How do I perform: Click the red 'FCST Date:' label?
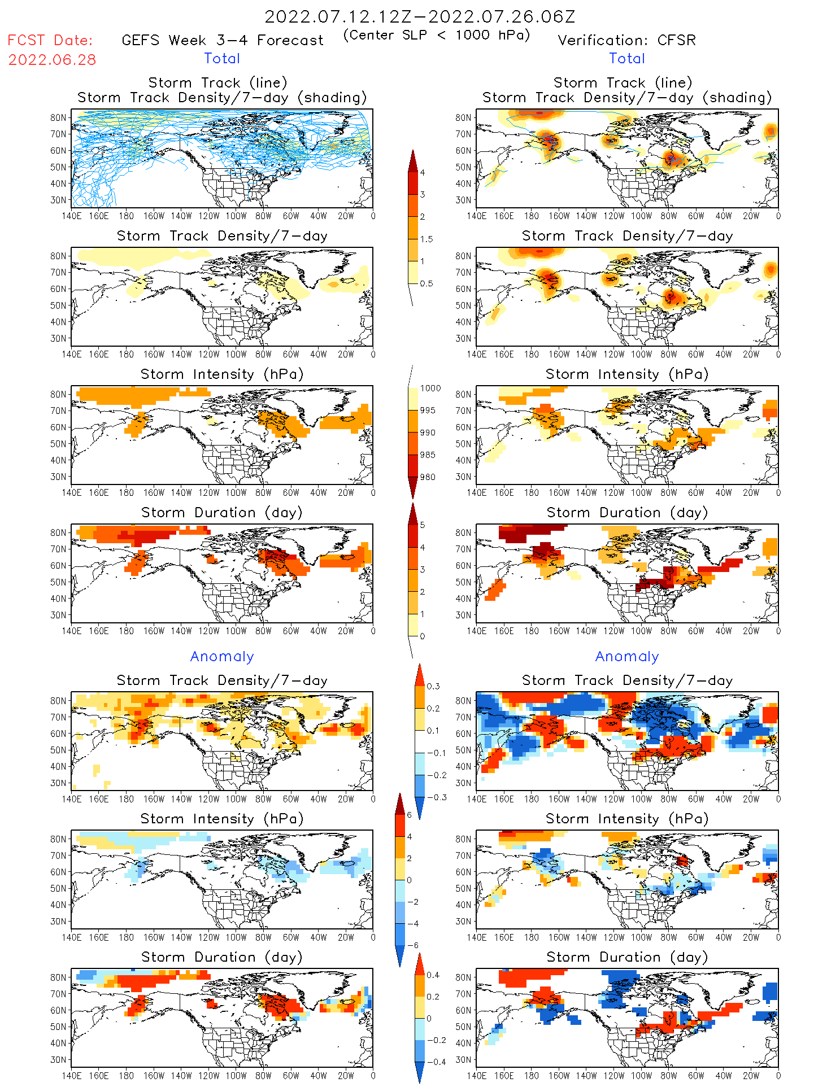50,41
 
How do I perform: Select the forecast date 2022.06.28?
52,60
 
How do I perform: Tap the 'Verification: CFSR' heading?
626,41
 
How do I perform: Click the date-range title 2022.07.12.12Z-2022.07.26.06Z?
420,17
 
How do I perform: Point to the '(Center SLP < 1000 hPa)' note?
437,35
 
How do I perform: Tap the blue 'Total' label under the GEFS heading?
222,59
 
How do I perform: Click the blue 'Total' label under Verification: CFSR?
626,59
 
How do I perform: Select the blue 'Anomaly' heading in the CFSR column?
627,657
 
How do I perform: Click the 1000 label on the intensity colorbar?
430,388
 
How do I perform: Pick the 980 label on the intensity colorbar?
428,477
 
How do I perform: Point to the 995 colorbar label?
428,411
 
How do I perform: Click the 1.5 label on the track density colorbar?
426,239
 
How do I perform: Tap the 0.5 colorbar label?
426,283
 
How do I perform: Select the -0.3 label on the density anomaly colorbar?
436,798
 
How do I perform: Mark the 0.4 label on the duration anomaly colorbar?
433,975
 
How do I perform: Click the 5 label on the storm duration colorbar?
423,525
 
